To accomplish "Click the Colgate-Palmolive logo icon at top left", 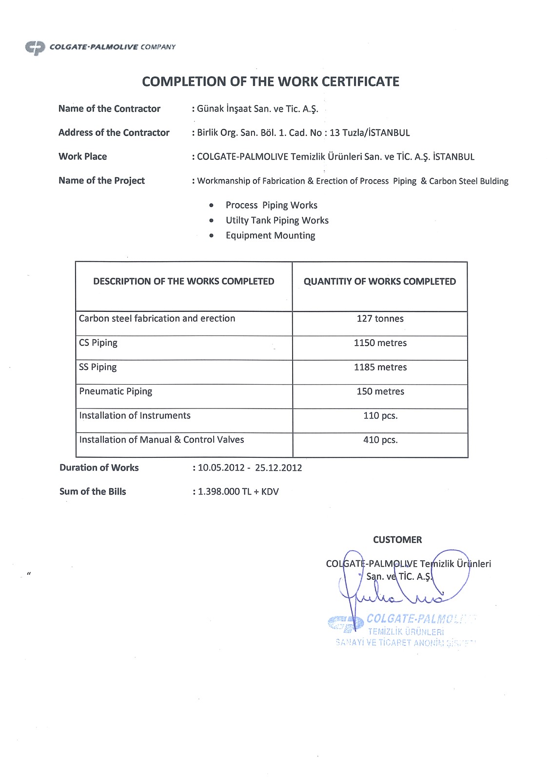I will tap(35, 47).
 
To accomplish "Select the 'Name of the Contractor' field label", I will tap(109, 109).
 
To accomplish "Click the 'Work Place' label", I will tap(82, 157).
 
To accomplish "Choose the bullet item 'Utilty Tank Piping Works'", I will tap(277, 221).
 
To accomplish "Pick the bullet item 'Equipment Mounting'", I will tap(270, 236).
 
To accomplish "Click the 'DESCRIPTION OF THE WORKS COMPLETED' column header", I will tap(183, 282).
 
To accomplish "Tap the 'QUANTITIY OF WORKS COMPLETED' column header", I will tap(379, 282).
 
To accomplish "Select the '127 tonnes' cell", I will tap(380, 319).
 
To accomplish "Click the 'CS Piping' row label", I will tap(98, 343).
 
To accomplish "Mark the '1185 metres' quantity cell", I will tap(380, 368).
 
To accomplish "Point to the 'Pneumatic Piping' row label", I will tap(116, 391).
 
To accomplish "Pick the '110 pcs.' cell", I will tap(380, 416).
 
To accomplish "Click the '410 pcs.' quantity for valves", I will tap(380, 440).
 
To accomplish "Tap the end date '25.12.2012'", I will tap(278, 468).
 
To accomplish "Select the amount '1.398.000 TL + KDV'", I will tap(238, 492).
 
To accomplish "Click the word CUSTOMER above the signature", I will tap(397, 540).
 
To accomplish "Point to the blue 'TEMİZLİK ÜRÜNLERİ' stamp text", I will tap(406, 632).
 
